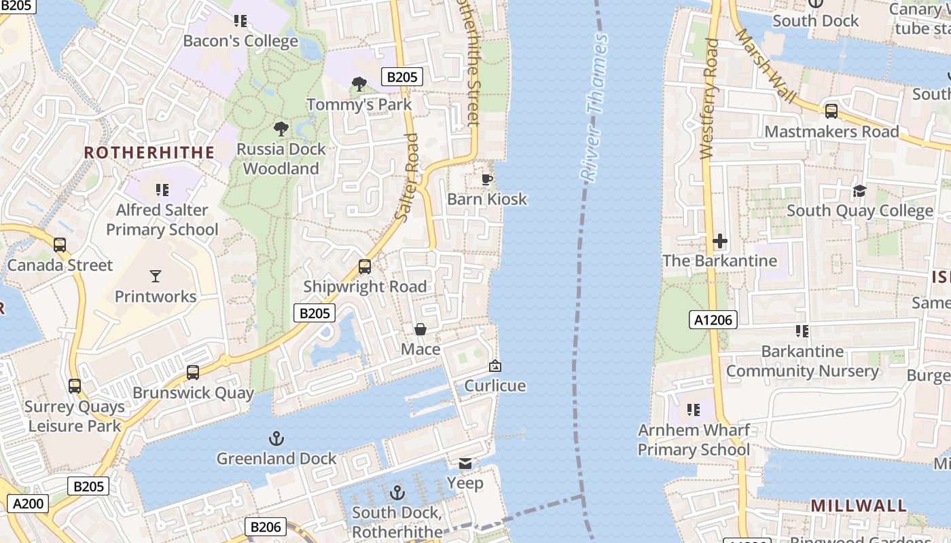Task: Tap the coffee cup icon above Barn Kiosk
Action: [486, 179]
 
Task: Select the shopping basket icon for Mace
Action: [420, 330]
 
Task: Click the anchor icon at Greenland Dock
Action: [276, 438]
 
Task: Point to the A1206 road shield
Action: [713, 320]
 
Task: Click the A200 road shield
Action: [27, 504]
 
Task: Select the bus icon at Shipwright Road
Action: [365, 267]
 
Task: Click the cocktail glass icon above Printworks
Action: [156, 276]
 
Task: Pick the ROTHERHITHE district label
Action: [149, 153]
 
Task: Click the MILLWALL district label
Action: [859, 506]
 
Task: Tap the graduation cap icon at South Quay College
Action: [859, 191]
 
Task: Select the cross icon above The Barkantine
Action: [720, 241]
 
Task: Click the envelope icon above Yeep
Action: [465, 464]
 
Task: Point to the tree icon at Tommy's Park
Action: [359, 84]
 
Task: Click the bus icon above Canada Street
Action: [60, 245]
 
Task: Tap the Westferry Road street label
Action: [708, 99]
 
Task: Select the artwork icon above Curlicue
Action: [495, 366]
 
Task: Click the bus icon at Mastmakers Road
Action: [831, 111]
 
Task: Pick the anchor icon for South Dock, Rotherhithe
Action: [397, 493]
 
